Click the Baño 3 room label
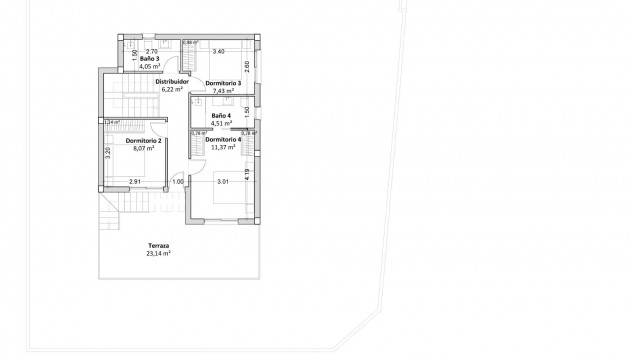[x=150, y=59]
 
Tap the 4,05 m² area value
[x=150, y=67]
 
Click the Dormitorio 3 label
[x=224, y=82]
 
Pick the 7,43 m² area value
[x=224, y=90]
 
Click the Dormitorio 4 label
[x=223, y=139]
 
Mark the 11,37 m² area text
[x=223, y=147]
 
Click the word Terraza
[x=158, y=245]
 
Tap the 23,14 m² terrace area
[x=158, y=253]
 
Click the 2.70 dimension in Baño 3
[x=152, y=50]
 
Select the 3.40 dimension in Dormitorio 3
[x=219, y=50]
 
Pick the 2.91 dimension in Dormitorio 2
[x=134, y=181]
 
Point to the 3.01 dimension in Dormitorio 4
[x=224, y=181]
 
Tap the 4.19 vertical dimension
[x=247, y=173]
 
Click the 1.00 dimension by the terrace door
[x=178, y=181]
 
